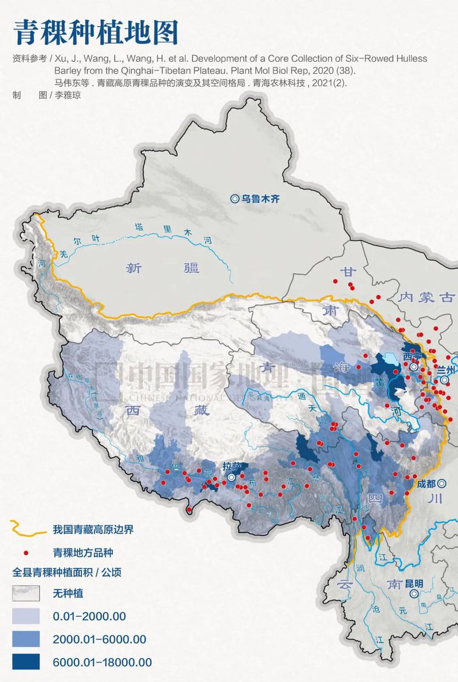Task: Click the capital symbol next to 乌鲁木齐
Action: [234, 199]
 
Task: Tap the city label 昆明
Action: [413, 584]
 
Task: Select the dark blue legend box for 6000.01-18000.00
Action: [25, 661]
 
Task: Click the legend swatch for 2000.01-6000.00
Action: [25, 639]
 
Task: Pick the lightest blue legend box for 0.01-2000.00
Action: [25, 616]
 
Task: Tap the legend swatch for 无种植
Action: [25, 594]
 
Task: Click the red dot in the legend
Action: [26, 553]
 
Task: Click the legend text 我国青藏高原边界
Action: [93, 529]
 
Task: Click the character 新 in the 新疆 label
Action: [134, 267]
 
